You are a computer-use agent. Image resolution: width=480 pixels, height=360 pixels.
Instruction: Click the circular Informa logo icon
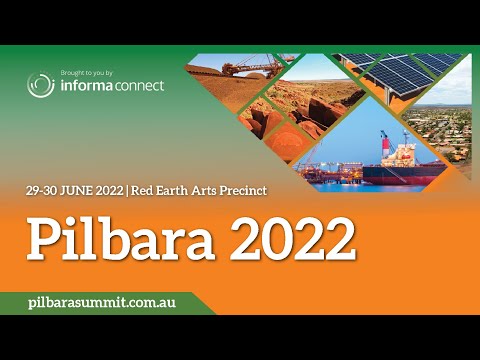(x=41, y=84)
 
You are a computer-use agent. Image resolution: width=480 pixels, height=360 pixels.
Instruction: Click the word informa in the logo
(x=86, y=85)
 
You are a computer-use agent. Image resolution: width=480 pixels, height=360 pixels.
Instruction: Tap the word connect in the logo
(x=139, y=86)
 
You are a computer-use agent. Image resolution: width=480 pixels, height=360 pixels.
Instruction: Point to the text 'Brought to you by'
(x=87, y=73)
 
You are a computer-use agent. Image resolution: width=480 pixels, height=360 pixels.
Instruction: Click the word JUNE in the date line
(x=77, y=191)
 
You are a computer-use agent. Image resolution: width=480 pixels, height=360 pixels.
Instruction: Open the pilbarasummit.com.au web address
(x=102, y=303)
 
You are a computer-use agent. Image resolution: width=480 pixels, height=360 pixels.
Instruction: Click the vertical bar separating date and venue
(x=127, y=191)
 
